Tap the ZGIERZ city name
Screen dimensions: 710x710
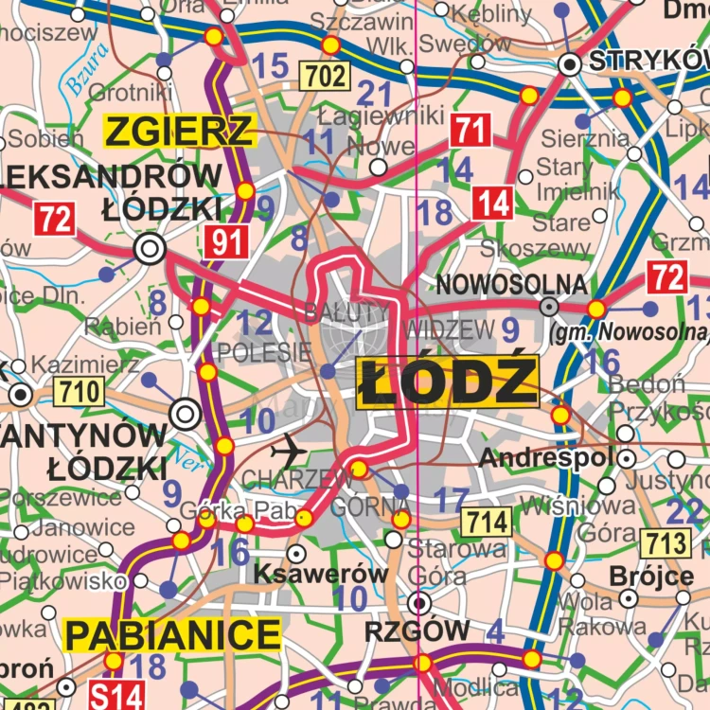point(180,131)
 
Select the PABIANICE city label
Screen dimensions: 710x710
point(173,635)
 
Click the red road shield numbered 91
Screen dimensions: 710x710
point(226,243)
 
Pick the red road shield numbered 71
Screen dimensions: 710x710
point(470,130)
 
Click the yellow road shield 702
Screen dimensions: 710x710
point(325,76)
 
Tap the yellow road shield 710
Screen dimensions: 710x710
point(78,390)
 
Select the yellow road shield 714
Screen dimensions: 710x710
point(487,521)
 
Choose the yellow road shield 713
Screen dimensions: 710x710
point(666,542)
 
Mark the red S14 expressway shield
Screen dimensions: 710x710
point(116,696)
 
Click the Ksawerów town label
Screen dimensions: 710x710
point(321,575)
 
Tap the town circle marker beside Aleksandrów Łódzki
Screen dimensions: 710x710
point(149,249)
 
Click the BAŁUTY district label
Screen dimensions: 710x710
point(346,311)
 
